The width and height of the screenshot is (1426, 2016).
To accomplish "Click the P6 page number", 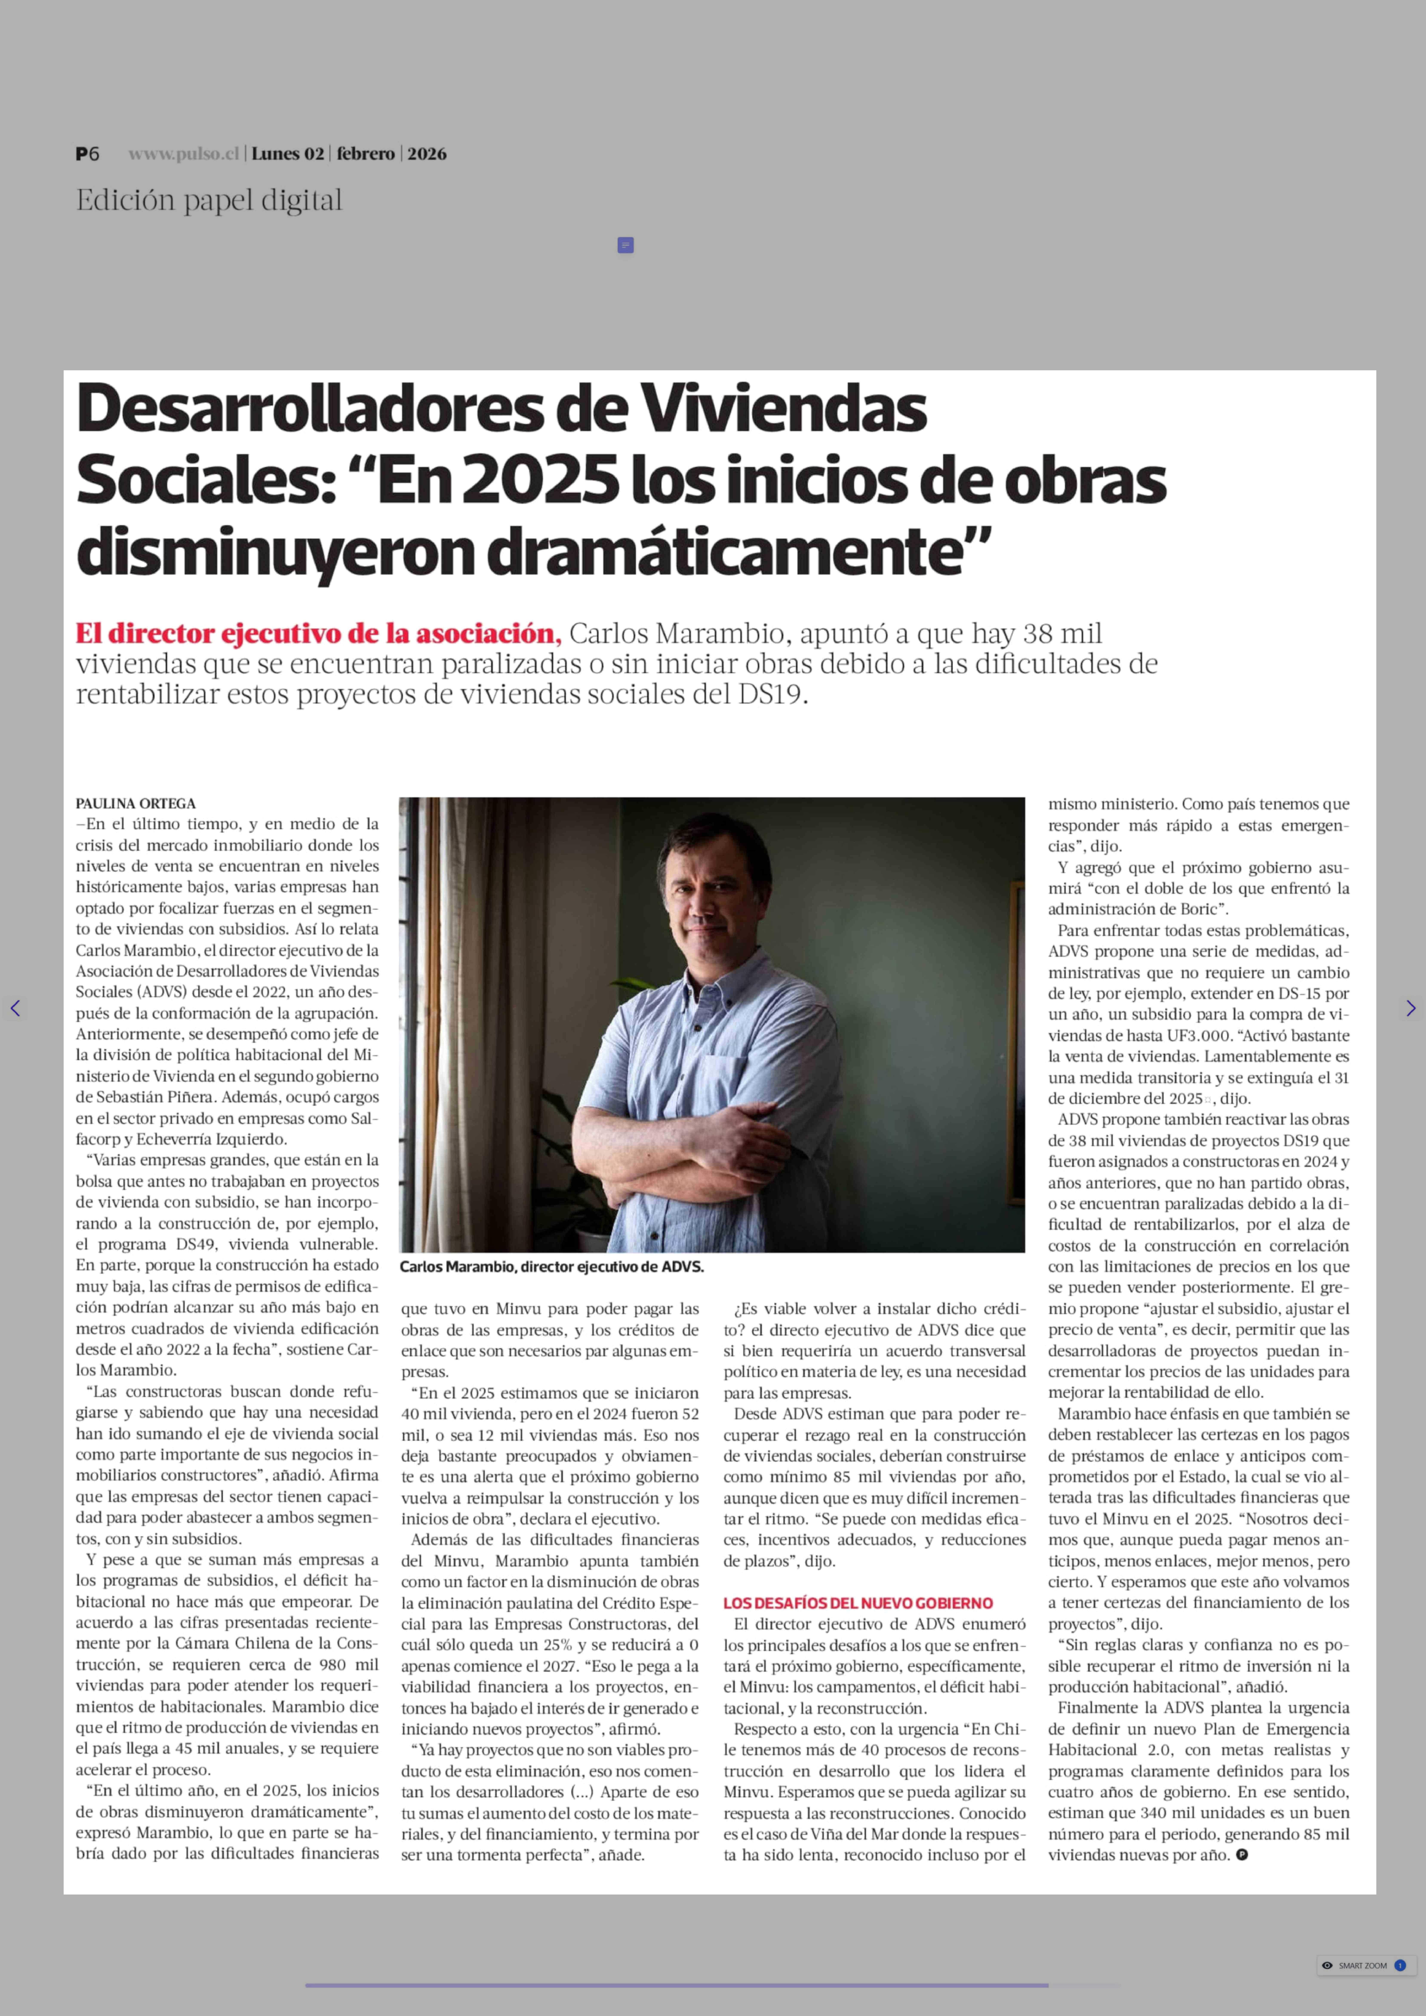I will tap(87, 154).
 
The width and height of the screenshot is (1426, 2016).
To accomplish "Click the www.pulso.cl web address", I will tap(183, 154).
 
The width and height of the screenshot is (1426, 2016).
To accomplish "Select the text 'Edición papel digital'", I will tap(209, 200).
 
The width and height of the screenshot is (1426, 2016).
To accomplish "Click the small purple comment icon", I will tap(625, 245).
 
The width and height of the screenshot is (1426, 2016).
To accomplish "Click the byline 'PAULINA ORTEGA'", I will tap(135, 803).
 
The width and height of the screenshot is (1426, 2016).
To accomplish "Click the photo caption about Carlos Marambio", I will tap(551, 1267).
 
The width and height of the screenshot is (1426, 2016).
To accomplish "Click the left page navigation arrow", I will tap(15, 1008).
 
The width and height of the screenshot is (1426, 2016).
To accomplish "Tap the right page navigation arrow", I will tap(1410, 1008).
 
